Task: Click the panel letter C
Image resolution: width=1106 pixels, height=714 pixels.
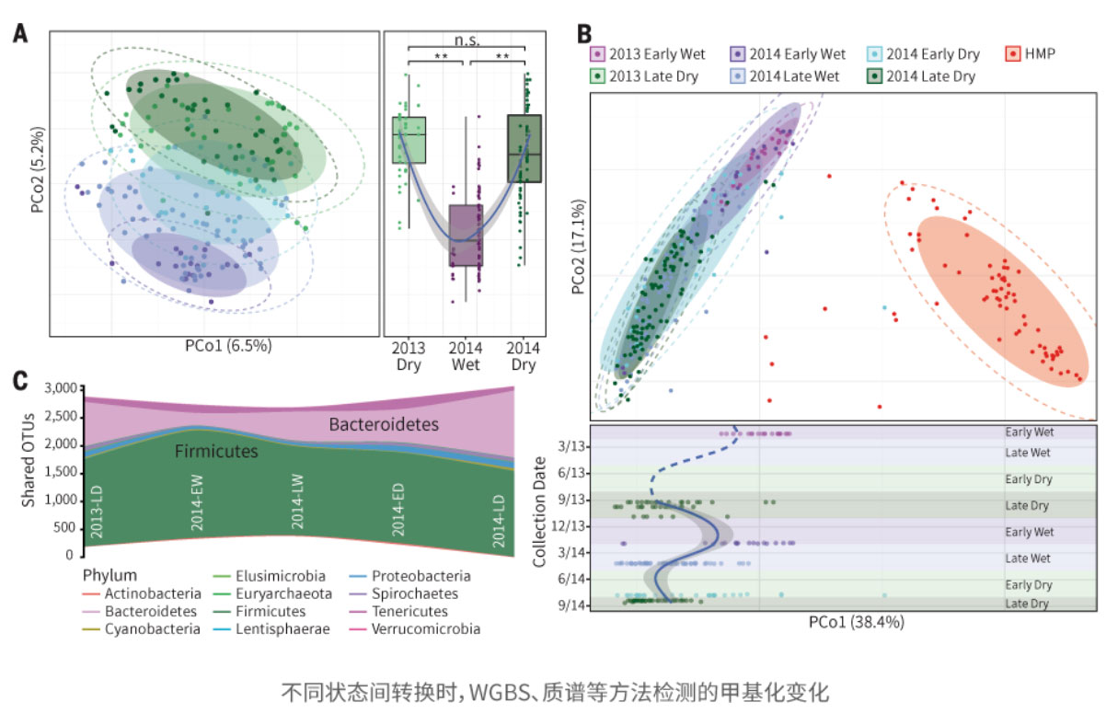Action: pyautogui.click(x=20, y=381)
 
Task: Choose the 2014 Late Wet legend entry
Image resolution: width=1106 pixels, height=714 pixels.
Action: pyautogui.click(x=786, y=76)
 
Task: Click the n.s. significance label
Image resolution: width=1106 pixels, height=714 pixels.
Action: pyautogui.click(x=467, y=40)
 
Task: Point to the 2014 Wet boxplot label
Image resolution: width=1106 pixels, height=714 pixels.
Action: pyautogui.click(x=467, y=357)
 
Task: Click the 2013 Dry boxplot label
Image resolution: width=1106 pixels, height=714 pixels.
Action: pyautogui.click(x=408, y=357)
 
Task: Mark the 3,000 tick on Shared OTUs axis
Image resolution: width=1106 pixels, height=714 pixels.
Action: pyautogui.click(x=59, y=388)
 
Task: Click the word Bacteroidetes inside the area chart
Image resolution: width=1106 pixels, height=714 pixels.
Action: pyautogui.click(x=384, y=424)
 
